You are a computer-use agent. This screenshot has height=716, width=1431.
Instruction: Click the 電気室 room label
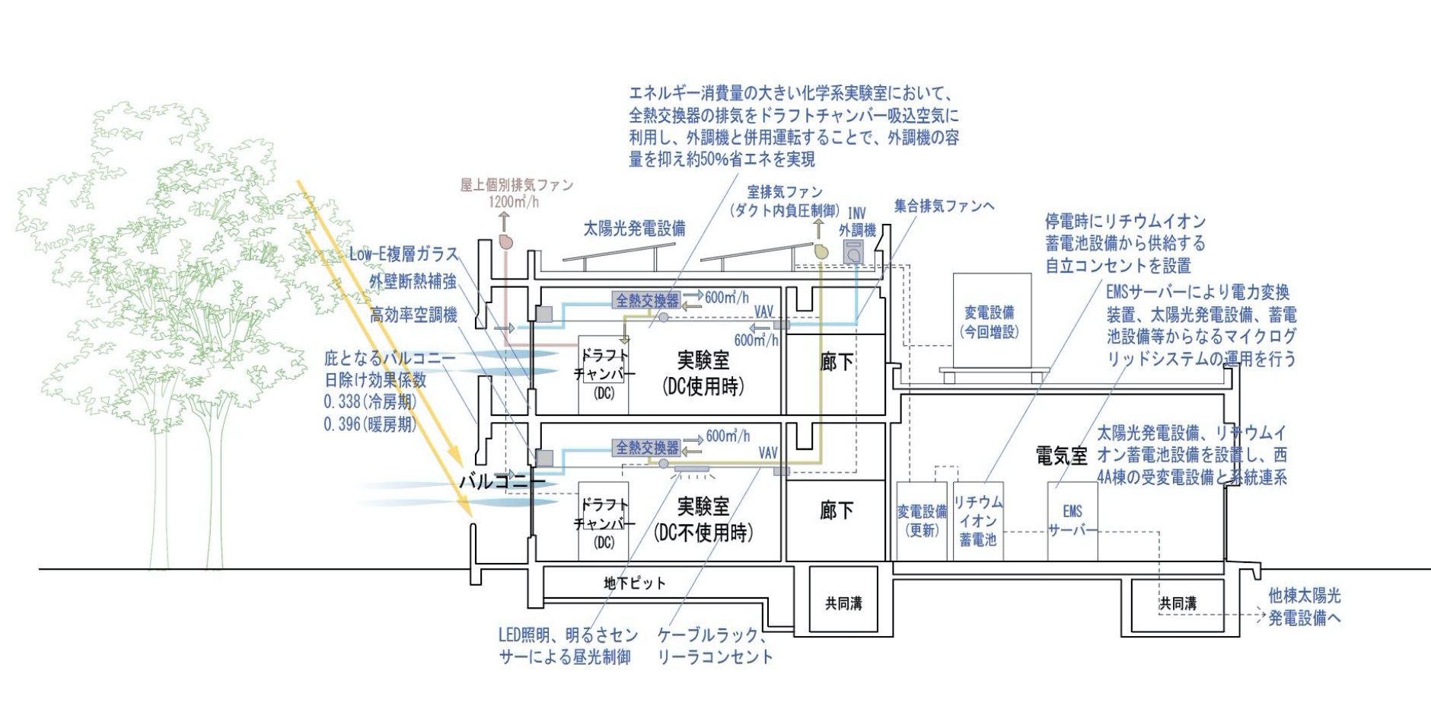(x=1062, y=456)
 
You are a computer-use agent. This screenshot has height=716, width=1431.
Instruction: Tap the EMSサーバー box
(x=1072, y=521)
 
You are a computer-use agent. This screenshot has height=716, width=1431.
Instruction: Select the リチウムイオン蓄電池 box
(x=978, y=521)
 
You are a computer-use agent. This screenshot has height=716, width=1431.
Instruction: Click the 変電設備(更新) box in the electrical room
(x=922, y=521)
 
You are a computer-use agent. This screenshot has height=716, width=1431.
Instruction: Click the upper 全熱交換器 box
(x=647, y=300)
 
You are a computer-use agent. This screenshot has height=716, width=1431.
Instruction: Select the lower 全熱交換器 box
(x=647, y=447)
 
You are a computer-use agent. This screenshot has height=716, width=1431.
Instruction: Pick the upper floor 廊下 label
(x=837, y=363)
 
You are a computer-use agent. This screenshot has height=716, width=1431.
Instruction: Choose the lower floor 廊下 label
(x=837, y=510)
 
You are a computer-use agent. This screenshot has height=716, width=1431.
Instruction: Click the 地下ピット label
(x=635, y=583)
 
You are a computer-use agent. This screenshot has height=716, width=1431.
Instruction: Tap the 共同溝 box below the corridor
(x=843, y=603)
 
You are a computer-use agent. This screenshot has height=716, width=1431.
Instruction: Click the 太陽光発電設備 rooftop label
(x=634, y=228)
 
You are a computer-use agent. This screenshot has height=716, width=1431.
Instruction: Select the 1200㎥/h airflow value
(x=513, y=202)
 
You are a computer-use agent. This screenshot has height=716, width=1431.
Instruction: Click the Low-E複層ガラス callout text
(x=403, y=254)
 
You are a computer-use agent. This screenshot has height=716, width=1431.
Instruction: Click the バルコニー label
(x=501, y=481)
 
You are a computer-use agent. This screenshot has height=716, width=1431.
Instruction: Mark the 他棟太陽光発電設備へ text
(x=1304, y=607)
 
